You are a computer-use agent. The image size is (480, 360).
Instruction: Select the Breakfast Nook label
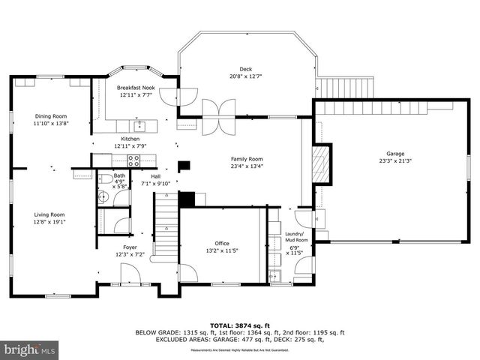[x=135, y=88]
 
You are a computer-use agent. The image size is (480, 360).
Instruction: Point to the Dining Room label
[x=50, y=116]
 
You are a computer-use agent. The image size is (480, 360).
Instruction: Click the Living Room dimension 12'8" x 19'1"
[x=50, y=222]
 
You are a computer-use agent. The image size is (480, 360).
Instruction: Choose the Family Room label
[x=247, y=159]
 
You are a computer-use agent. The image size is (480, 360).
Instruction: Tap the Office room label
[x=222, y=243]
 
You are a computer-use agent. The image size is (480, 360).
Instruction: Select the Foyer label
[x=130, y=247]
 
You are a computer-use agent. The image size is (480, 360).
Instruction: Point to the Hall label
[x=155, y=176]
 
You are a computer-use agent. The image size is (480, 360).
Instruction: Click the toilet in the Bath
[x=105, y=197]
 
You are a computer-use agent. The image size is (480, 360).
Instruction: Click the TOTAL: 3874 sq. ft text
[x=239, y=323]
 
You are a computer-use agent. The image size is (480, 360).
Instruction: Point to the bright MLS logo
[x=30, y=349]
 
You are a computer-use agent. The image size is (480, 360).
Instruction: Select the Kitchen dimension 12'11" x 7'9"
[x=130, y=146]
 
